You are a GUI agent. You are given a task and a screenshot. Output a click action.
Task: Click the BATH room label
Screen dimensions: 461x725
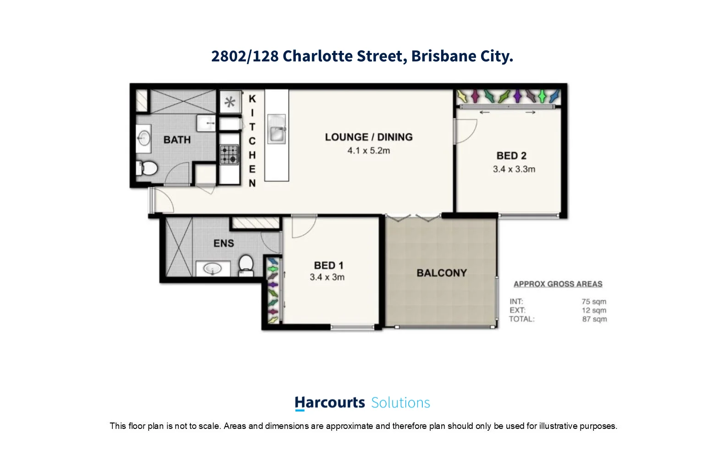[x=177, y=140]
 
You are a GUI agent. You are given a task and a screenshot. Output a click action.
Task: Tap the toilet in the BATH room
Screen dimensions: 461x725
[x=147, y=168]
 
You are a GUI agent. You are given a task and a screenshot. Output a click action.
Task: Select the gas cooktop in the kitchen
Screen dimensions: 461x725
[x=229, y=154]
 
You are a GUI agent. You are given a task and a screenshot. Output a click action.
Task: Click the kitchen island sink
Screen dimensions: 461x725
[x=277, y=132]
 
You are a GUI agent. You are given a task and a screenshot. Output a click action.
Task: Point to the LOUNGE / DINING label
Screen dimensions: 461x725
[x=369, y=137]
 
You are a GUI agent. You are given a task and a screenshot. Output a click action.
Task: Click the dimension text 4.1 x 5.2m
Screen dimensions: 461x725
[x=369, y=151]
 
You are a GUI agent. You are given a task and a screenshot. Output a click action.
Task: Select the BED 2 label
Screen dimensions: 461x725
[x=511, y=156]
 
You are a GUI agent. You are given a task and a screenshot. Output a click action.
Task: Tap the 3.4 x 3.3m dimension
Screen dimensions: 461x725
[x=514, y=169]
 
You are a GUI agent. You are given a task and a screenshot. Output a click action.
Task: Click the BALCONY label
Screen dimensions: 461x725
[x=442, y=273]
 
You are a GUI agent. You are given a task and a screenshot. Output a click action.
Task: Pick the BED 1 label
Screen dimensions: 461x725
[x=328, y=265]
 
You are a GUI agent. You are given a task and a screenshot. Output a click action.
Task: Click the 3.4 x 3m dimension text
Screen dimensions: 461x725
[x=327, y=277]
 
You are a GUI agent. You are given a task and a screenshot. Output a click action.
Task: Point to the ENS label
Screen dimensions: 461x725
[x=224, y=243]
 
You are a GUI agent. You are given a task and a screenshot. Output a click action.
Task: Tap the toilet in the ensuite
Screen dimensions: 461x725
[x=246, y=264]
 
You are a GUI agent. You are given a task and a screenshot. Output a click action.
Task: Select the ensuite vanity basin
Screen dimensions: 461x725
[x=213, y=269]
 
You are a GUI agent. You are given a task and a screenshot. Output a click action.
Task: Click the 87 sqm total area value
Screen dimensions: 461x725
[x=594, y=319]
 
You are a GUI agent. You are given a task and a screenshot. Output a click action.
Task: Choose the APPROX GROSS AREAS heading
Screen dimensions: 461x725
[x=558, y=284]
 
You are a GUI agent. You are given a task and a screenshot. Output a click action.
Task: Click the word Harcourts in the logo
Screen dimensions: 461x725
[x=330, y=403]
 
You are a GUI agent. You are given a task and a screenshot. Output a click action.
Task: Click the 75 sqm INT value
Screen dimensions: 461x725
[x=594, y=302]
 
